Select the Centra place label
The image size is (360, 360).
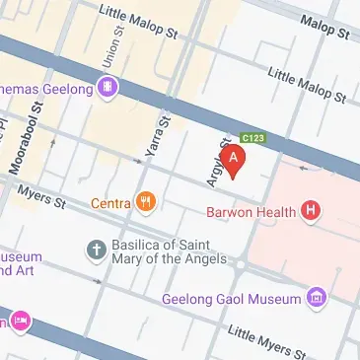(x=110, y=204)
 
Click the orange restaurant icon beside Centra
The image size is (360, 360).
(x=146, y=203)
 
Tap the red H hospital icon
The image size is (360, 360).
(x=313, y=209)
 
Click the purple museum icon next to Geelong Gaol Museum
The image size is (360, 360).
(x=317, y=296)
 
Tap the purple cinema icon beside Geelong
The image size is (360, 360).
(x=108, y=88)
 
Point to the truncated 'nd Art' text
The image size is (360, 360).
(x=19, y=269)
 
